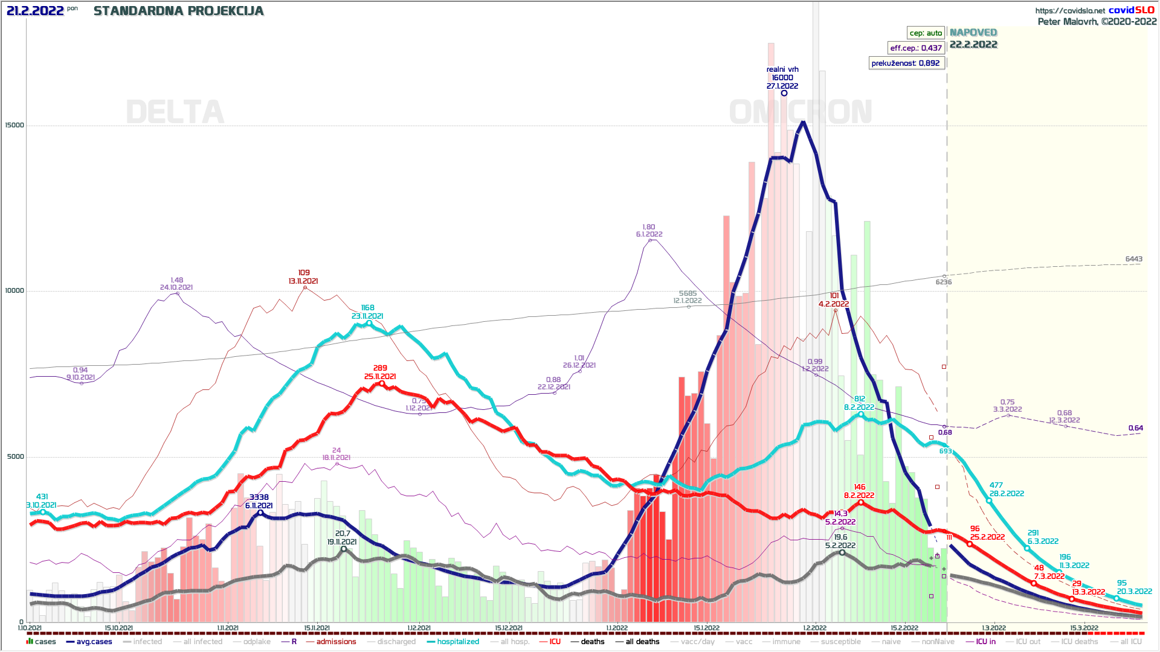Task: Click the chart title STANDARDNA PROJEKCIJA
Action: (x=179, y=11)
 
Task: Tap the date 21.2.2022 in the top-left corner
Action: (x=35, y=11)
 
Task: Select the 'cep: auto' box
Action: (x=926, y=33)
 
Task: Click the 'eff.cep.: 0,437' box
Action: (x=916, y=48)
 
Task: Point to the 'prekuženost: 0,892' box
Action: (x=905, y=63)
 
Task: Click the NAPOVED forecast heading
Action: (x=973, y=33)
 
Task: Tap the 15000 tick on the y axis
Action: (x=14, y=126)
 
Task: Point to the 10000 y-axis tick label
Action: (x=14, y=291)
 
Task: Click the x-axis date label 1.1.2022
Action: (x=617, y=628)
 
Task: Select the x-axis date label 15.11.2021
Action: (x=317, y=628)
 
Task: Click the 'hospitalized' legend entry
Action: (x=457, y=642)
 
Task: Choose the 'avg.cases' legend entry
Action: (x=94, y=642)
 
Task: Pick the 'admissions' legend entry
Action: (x=336, y=642)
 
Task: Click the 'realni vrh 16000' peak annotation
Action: (x=782, y=78)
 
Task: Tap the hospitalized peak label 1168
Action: (x=367, y=308)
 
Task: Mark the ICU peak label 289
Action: (x=380, y=368)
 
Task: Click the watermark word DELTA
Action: (x=175, y=113)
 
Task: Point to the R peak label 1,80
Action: (x=649, y=228)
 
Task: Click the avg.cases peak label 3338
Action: (x=259, y=497)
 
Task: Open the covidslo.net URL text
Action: (x=1069, y=11)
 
